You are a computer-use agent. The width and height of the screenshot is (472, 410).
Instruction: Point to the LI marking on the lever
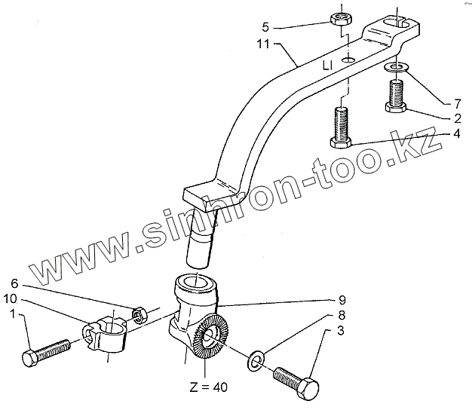(326, 67)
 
